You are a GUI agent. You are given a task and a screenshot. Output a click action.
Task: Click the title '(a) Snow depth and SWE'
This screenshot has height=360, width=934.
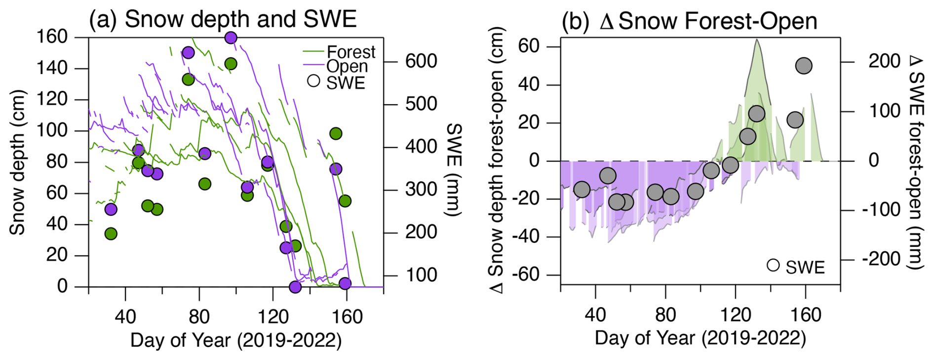223,20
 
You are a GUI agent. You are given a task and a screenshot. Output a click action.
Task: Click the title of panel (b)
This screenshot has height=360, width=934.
689,22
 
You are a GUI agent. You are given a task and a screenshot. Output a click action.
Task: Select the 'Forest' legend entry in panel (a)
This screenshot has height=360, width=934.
350,52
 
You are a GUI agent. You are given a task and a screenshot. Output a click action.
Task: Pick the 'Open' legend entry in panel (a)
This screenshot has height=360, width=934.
347,66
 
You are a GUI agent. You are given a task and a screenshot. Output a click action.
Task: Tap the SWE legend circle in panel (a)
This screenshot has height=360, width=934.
313,81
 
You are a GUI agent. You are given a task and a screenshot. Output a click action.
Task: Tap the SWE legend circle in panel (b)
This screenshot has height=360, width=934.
773,265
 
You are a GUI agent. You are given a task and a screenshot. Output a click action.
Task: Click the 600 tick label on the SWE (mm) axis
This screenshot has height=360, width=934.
421,61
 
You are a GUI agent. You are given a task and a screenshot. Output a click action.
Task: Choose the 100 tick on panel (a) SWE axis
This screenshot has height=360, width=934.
421,275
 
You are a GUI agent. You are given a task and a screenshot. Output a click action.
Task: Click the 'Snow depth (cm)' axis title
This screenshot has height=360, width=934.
17,162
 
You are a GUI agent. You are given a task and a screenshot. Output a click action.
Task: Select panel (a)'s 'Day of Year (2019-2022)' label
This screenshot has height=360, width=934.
236,340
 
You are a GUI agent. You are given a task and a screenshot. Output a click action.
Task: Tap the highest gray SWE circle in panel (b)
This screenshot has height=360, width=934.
804,66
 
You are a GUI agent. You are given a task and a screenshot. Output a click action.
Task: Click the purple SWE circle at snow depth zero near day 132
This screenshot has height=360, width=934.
295,287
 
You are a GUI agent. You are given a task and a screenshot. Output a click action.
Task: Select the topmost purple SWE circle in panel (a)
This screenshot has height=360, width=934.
231,38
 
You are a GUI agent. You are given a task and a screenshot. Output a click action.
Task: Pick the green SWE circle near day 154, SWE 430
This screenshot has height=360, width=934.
336,133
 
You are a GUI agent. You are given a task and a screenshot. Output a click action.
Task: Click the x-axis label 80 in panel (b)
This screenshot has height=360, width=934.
665,315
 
